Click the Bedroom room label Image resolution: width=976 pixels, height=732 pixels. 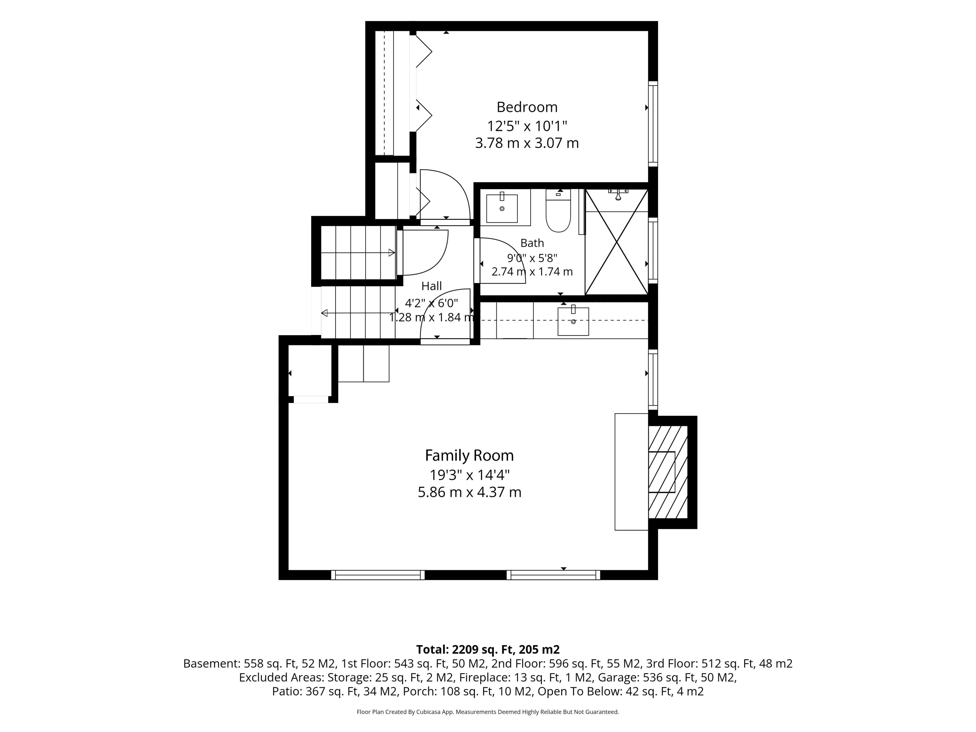pyautogui.click(x=527, y=107)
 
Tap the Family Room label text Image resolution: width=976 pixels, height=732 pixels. pyautogui.click(x=469, y=455)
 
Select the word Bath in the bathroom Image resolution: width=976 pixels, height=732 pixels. pyautogui.click(x=532, y=243)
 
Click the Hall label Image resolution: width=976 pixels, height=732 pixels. pyautogui.click(x=432, y=286)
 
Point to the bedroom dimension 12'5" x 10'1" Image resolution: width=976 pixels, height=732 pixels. pyautogui.click(x=527, y=126)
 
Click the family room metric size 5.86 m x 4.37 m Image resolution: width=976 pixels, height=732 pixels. pyautogui.click(x=469, y=492)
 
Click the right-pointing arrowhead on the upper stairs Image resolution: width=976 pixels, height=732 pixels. pyautogui.click(x=391, y=253)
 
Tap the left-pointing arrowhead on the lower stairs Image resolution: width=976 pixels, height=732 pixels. pyautogui.click(x=324, y=313)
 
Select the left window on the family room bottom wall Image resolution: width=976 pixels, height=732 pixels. pyautogui.click(x=378, y=575)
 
